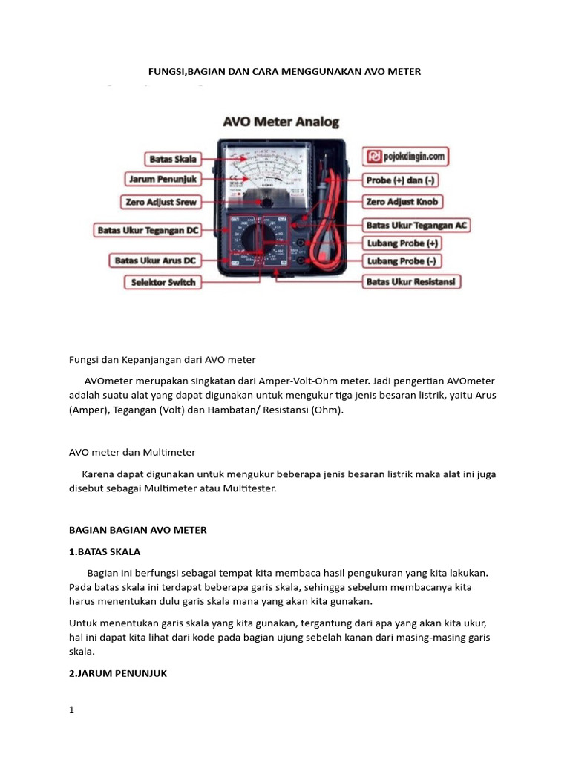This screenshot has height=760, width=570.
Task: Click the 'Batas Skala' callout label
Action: click(173, 159)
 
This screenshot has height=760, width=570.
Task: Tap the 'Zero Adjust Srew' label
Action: click(160, 201)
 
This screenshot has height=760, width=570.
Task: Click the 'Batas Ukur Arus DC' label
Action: click(154, 261)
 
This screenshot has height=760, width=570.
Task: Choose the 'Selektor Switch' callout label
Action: click(163, 282)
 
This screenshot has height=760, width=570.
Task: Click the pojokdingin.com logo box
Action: click(405, 157)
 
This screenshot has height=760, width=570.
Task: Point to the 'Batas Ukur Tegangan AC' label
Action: click(416, 225)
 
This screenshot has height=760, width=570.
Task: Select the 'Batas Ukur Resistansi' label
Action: click(412, 282)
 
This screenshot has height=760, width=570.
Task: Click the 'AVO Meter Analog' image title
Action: click(281, 122)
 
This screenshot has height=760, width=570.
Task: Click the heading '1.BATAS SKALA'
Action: click(105, 552)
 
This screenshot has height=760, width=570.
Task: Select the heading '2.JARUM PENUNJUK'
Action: click(118, 673)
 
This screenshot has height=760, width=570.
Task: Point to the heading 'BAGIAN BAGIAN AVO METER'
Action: click(138, 530)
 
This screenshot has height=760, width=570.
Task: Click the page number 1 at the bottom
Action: click(72, 710)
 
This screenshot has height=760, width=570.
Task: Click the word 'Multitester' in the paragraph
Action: click(248, 489)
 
